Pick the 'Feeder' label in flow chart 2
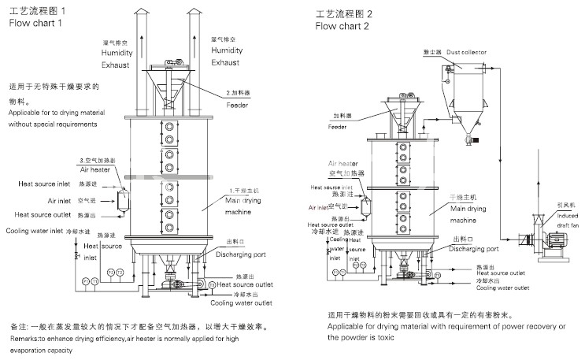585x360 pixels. [x=338, y=126]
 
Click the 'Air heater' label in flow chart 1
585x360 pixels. [x=94, y=169]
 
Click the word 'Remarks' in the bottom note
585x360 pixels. [x=24, y=339]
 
